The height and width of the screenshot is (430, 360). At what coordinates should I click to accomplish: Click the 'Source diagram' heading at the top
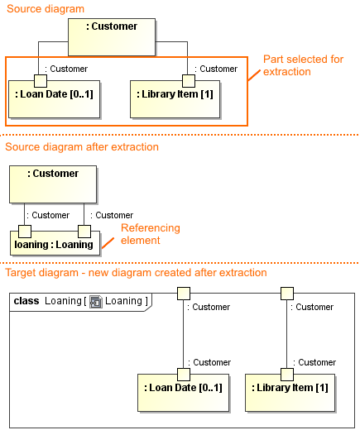(x=45, y=8)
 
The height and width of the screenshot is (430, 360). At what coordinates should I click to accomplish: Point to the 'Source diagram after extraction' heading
(x=82, y=147)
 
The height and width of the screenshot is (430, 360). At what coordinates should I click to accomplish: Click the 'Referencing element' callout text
(x=150, y=234)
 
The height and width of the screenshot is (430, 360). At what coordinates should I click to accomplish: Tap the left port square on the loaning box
(x=25, y=231)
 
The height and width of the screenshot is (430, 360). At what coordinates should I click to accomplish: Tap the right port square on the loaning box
(x=84, y=231)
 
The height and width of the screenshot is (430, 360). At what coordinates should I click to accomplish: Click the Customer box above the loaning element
(x=54, y=184)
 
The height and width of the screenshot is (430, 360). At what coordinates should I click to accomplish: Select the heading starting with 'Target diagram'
(x=136, y=273)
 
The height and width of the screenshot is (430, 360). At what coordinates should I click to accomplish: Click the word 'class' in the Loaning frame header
(x=27, y=301)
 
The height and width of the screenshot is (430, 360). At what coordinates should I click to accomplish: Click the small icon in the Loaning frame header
(x=95, y=302)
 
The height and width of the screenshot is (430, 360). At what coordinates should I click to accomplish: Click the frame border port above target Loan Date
(x=183, y=293)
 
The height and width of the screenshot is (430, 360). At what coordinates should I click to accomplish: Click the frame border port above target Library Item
(x=287, y=293)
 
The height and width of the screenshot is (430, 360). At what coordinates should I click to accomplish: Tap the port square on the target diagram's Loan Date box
(x=183, y=374)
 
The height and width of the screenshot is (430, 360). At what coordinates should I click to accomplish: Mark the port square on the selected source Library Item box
(x=189, y=80)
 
